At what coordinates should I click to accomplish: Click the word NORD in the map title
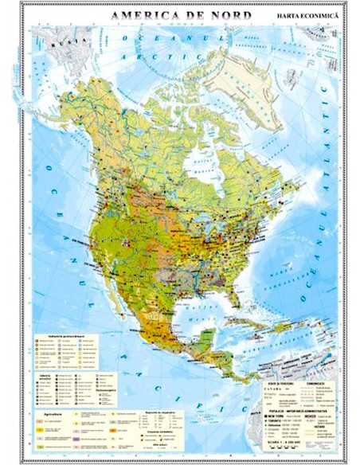tap(228, 15)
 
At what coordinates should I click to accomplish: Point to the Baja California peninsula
tap(122, 291)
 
